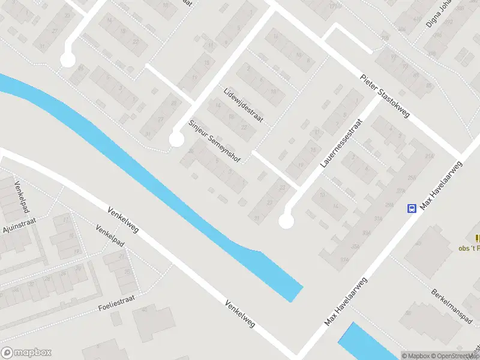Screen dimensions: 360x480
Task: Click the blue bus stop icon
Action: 412,209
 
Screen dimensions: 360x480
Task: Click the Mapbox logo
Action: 26,353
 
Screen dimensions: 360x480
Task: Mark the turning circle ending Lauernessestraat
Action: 286,221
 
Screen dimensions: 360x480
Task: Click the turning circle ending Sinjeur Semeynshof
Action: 176,140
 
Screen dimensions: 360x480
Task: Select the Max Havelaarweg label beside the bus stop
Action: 443,186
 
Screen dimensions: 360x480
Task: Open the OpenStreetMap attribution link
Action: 452,356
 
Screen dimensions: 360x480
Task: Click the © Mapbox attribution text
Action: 416,356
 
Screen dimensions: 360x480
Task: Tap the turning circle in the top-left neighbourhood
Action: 68,60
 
